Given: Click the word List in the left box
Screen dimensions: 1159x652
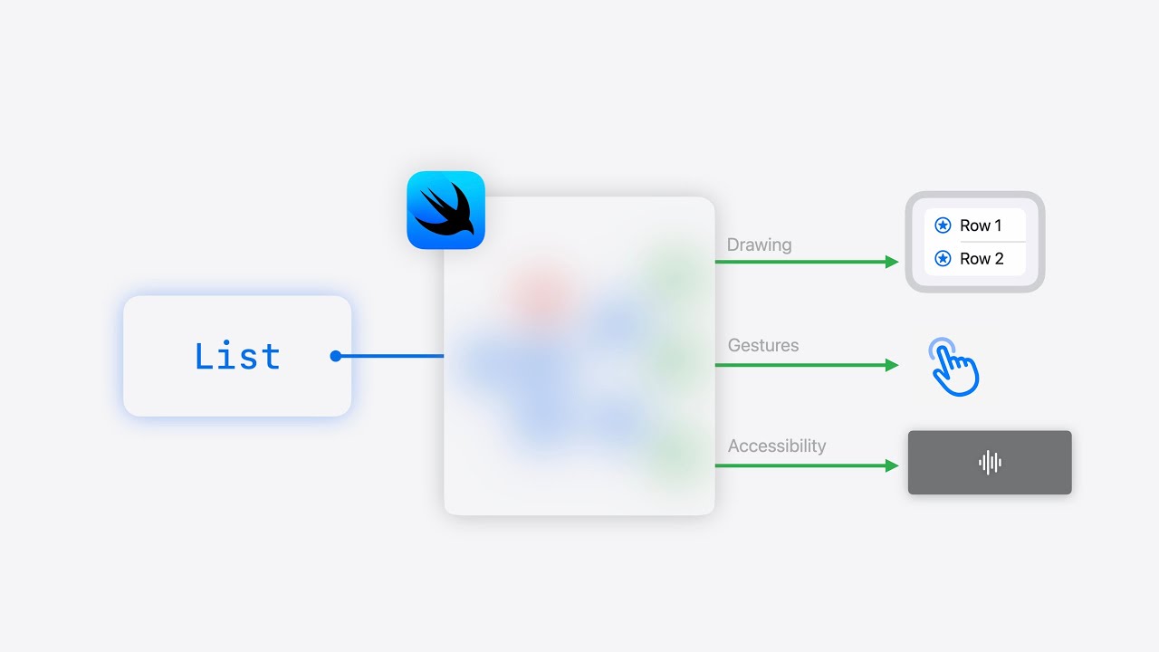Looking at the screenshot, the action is (237, 356).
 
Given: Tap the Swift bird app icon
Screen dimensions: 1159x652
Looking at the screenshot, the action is (445, 210).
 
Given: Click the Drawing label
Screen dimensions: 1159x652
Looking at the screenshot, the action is (759, 244).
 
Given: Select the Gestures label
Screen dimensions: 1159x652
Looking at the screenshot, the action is (762, 345).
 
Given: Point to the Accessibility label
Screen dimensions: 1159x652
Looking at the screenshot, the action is (776, 446).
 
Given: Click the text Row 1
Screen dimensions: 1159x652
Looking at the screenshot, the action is (981, 225).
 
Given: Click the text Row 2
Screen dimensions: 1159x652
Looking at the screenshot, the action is (982, 259).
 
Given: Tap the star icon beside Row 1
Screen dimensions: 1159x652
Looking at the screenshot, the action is (943, 225).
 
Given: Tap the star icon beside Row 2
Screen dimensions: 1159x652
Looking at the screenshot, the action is (943, 259).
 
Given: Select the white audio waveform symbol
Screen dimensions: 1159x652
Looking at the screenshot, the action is (990, 463).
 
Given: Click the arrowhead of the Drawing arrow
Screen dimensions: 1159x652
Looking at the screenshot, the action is (892, 262).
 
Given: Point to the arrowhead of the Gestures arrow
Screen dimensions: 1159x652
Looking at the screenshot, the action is (892, 365).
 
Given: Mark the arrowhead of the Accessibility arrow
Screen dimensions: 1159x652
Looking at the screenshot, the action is (892, 465).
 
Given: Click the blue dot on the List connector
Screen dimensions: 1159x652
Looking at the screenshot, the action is (335, 356).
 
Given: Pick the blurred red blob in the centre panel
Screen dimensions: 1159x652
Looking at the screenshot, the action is (539, 292).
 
